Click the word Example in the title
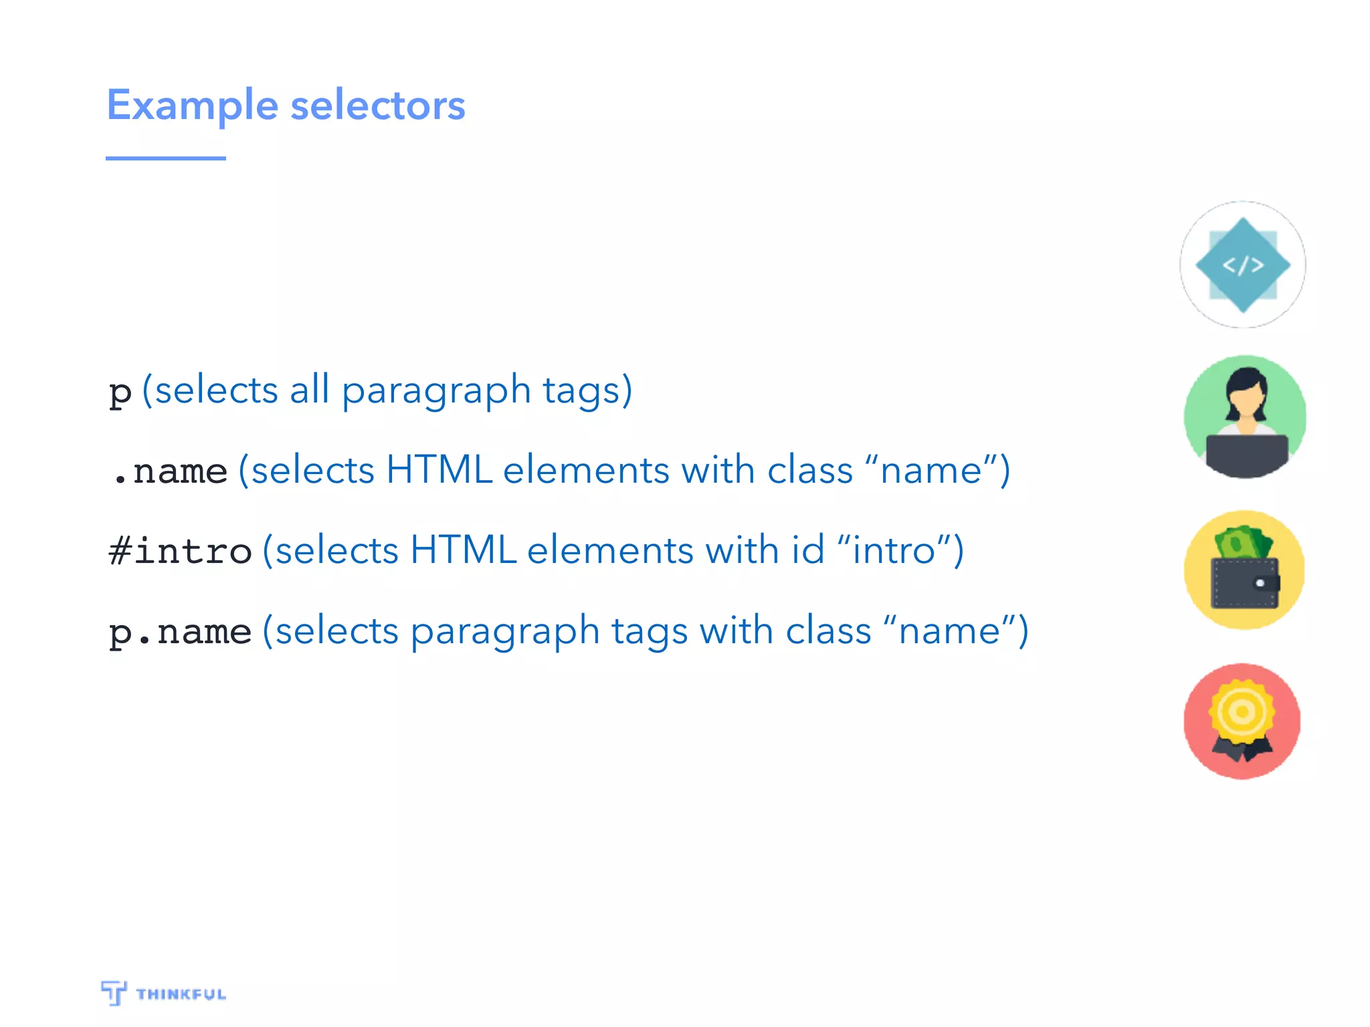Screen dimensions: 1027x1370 (x=192, y=106)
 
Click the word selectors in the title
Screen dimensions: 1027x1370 (x=378, y=106)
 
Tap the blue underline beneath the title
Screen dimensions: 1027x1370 (x=165, y=158)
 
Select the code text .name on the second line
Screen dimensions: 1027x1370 (x=171, y=471)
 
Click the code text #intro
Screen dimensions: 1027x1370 (x=180, y=551)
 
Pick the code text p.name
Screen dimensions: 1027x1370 (x=180, y=631)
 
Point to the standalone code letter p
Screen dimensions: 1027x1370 (x=120, y=392)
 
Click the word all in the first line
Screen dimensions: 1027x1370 (x=309, y=390)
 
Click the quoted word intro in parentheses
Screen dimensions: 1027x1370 (x=894, y=550)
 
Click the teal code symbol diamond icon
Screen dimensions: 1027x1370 (x=1243, y=265)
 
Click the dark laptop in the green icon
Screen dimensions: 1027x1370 (x=1246, y=455)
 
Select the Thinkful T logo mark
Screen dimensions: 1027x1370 (x=114, y=992)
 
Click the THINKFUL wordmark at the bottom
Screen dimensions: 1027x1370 (x=181, y=994)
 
